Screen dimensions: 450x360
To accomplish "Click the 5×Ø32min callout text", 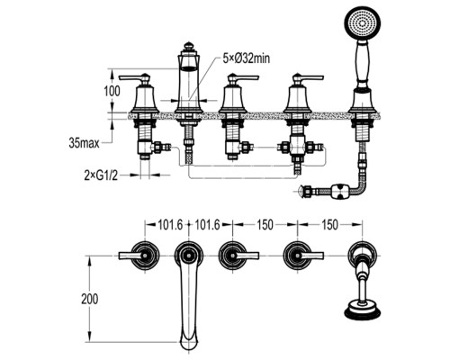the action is (246, 58).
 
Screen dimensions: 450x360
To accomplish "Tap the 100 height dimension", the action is (112, 91).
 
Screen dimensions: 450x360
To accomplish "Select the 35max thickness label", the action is (85, 143).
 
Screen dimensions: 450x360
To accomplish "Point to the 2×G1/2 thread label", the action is (101, 175).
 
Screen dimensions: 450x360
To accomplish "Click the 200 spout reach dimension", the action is (89, 299).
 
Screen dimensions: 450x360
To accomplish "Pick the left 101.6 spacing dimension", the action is (170, 225).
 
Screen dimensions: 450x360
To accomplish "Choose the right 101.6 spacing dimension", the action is (208, 225).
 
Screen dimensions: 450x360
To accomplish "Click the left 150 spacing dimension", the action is (265, 225).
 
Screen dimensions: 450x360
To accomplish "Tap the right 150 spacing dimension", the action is (330, 225).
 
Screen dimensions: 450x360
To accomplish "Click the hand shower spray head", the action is (363, 24).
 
